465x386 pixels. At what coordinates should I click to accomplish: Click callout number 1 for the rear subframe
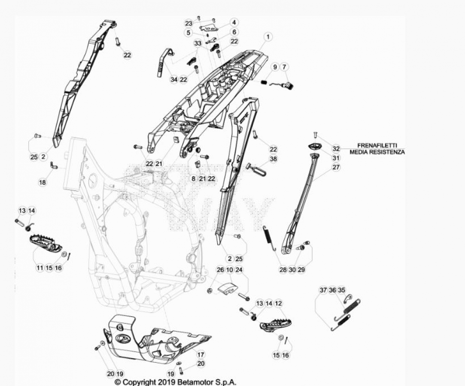(268, 37)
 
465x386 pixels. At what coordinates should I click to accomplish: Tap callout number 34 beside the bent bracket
(174, 79)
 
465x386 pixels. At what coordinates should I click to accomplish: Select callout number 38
(273, 159)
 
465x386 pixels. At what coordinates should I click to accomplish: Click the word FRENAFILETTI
(377, 145)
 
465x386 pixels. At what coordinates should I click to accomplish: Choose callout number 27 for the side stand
(336, 167)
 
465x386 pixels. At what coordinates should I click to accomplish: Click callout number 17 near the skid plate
(201, 354)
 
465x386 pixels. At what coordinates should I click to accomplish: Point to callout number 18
(43, 182)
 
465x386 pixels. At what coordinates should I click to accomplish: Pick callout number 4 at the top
(234, 22)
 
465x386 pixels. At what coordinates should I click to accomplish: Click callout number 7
(284, 67)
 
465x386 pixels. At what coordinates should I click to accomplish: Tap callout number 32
(336, 148)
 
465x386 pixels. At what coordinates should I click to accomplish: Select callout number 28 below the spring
(283, 270)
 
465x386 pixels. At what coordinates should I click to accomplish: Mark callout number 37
(323, 290)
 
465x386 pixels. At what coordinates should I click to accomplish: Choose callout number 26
(220, 270)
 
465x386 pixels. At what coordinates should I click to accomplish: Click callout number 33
(198, 43)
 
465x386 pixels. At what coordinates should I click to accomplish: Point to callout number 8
(193, 179)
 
